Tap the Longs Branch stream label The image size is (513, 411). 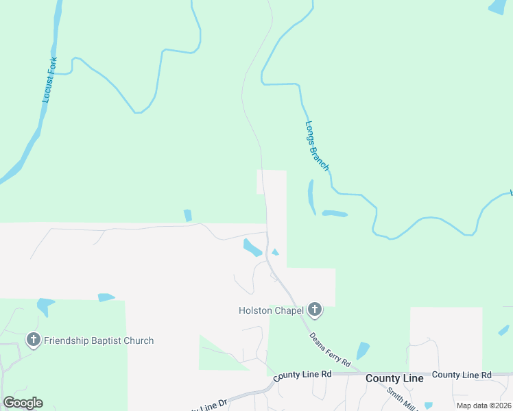pos(317,146)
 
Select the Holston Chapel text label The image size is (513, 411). pos(271,310)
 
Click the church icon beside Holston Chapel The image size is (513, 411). pos(315,310)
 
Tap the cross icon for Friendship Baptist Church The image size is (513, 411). pos(33,340)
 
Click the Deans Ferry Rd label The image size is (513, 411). pos(330,349)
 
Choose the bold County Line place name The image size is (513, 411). pos(394,378)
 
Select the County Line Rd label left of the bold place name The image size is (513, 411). pos(302,375)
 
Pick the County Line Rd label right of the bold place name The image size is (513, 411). pos(462,375)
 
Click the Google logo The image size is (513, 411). pos(23,402)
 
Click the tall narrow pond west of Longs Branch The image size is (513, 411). pos(311,197)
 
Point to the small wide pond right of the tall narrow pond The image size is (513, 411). pos(335,214)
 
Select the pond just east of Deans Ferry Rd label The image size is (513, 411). pos(362,350)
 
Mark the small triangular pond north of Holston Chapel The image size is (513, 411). pos(275,252)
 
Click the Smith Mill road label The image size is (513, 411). pos(401,399)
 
